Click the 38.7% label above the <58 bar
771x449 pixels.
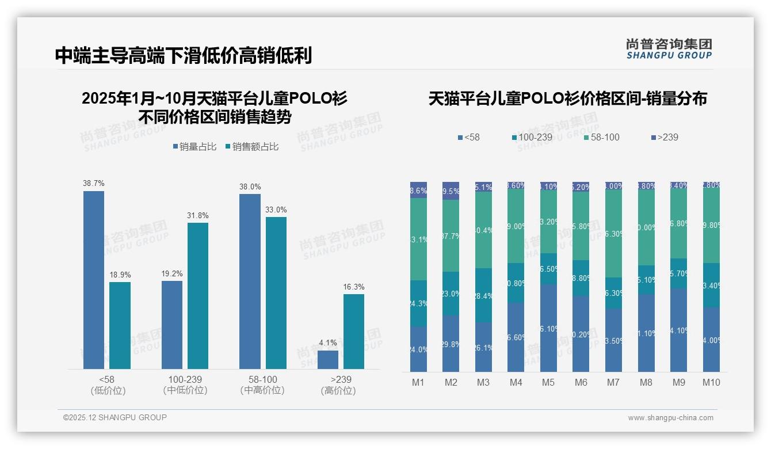(94, 184)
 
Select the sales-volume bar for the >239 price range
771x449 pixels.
(328, 360)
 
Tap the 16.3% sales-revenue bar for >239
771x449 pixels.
(354, 332)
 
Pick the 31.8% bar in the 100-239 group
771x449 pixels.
(198, 295)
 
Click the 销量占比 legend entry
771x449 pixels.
(194, 147)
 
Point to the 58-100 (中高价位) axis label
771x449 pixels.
(262, 385)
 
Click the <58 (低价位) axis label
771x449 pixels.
(108, 385)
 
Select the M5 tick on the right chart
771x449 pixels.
(548, 382)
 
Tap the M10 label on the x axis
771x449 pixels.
(711, 382)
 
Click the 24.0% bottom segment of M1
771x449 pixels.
(418, 349)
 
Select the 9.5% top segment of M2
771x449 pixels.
(451, 191)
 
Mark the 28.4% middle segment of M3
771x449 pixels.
(483, 295)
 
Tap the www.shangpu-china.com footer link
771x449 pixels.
(670, 418)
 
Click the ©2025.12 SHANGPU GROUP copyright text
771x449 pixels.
(115, 417)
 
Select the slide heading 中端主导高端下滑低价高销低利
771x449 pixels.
(184, 56)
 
